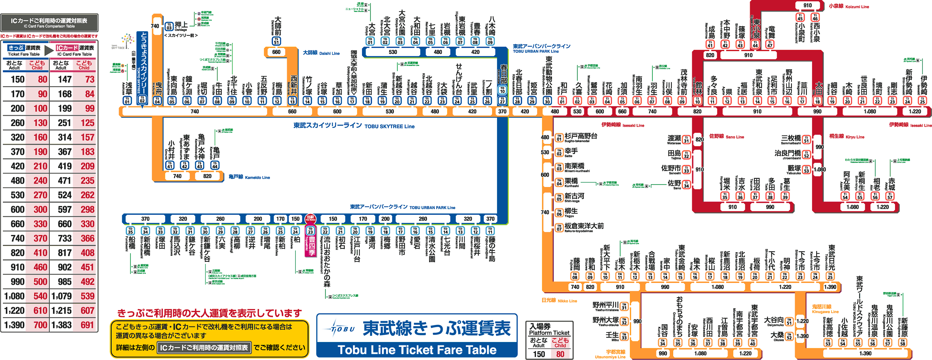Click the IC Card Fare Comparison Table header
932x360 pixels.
[49, 22]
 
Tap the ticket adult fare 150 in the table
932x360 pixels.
[17, 80]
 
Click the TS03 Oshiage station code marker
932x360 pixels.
[169, 26]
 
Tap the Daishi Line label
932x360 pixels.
[321, 53]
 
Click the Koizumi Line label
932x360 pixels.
[849, 7]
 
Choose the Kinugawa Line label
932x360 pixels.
[825, 309]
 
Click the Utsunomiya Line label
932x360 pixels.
[610, 354]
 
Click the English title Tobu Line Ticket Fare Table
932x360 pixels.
[417, 349]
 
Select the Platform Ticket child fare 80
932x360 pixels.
[560, 354]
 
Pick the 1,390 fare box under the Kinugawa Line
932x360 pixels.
[865, 353]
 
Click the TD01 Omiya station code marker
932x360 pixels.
[370, 41]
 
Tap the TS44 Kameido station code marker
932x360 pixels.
[215, 165]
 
